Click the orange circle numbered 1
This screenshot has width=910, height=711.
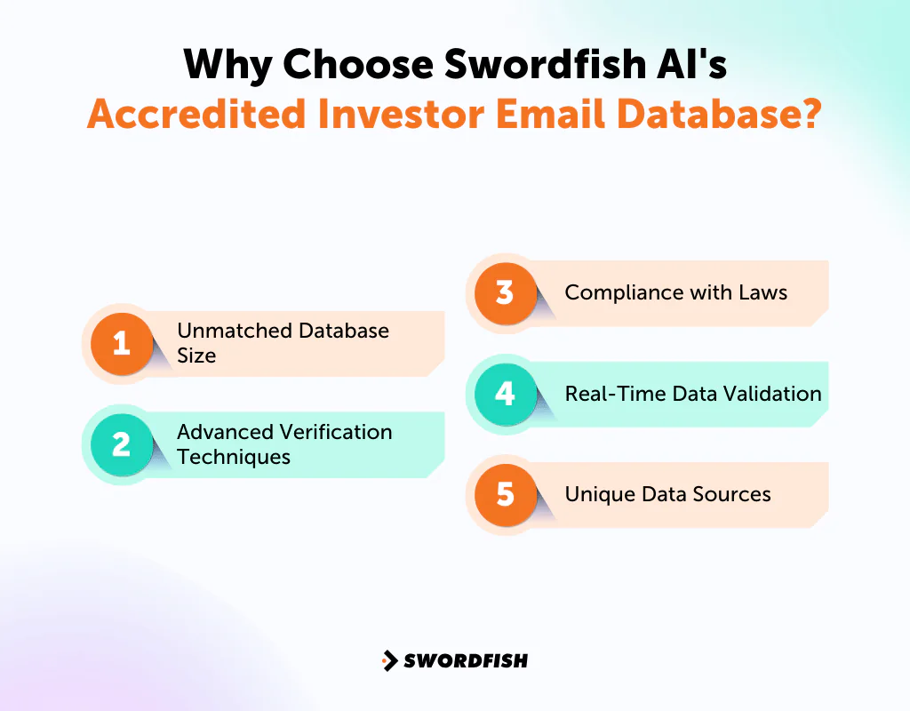pyautogui.click(x=122, y=342)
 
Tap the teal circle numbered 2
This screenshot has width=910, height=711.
pyautogui.click(x=122, y=443)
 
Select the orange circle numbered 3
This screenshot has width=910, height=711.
pyautogui.click(x=506, y=292)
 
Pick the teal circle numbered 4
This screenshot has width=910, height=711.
pyautogui.click(x=506, y=393)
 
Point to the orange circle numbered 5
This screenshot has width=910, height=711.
pyautogui.click(x=506, y=494)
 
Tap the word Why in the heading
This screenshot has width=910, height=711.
pyautogui.click(x=224, y=65)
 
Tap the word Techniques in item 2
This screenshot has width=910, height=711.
pyautogui.click(x=234, y=457)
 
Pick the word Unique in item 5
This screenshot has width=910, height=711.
pyautogui.click(x=593, y=494)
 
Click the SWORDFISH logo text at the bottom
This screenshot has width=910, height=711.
pyautogui.click(x=466, y=660)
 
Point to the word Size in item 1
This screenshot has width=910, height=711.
pyautogui.click(x=196, y=355)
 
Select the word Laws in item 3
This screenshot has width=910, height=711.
pyautogui.click(x=762, y=292)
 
